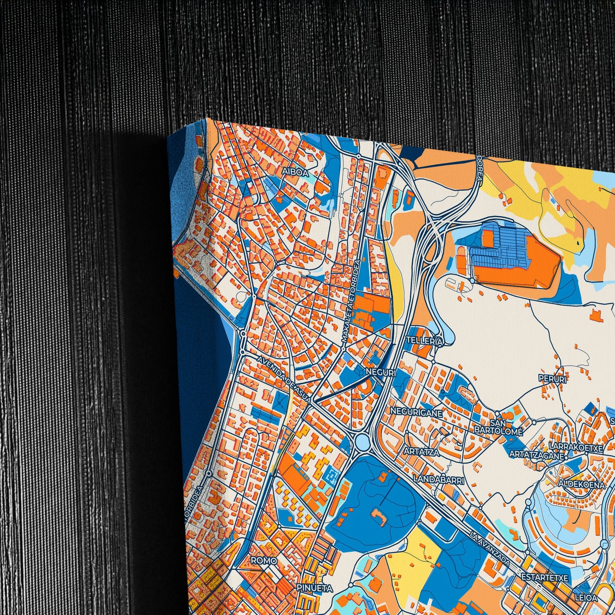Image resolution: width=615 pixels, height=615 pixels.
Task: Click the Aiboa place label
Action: point(295,172)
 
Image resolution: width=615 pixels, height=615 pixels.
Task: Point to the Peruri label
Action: point(552,378)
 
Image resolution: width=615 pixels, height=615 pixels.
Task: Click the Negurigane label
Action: point(416,412)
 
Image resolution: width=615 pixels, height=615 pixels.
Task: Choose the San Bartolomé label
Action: point(498,427)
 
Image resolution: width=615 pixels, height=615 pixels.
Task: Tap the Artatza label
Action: point(422,452)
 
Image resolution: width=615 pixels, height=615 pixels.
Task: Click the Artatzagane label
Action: point(536,455)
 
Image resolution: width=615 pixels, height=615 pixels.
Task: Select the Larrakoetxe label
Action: point(576,448)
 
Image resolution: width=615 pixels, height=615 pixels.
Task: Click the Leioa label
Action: point(586,598)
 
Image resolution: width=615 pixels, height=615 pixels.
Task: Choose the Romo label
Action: point(264,561)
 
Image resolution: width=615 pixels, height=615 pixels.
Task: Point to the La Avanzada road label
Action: point(490,549)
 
